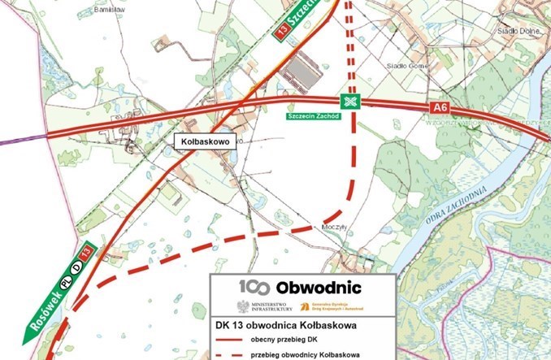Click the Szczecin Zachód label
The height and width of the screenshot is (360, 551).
click(x=311, y=116)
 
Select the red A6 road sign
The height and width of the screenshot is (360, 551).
click(x=440, y=107)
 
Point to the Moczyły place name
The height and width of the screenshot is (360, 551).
click(x=334, y=227)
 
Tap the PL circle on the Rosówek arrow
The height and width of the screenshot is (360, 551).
click(x=67, y=282)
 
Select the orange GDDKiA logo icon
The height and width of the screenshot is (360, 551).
click(x=304, y=307)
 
